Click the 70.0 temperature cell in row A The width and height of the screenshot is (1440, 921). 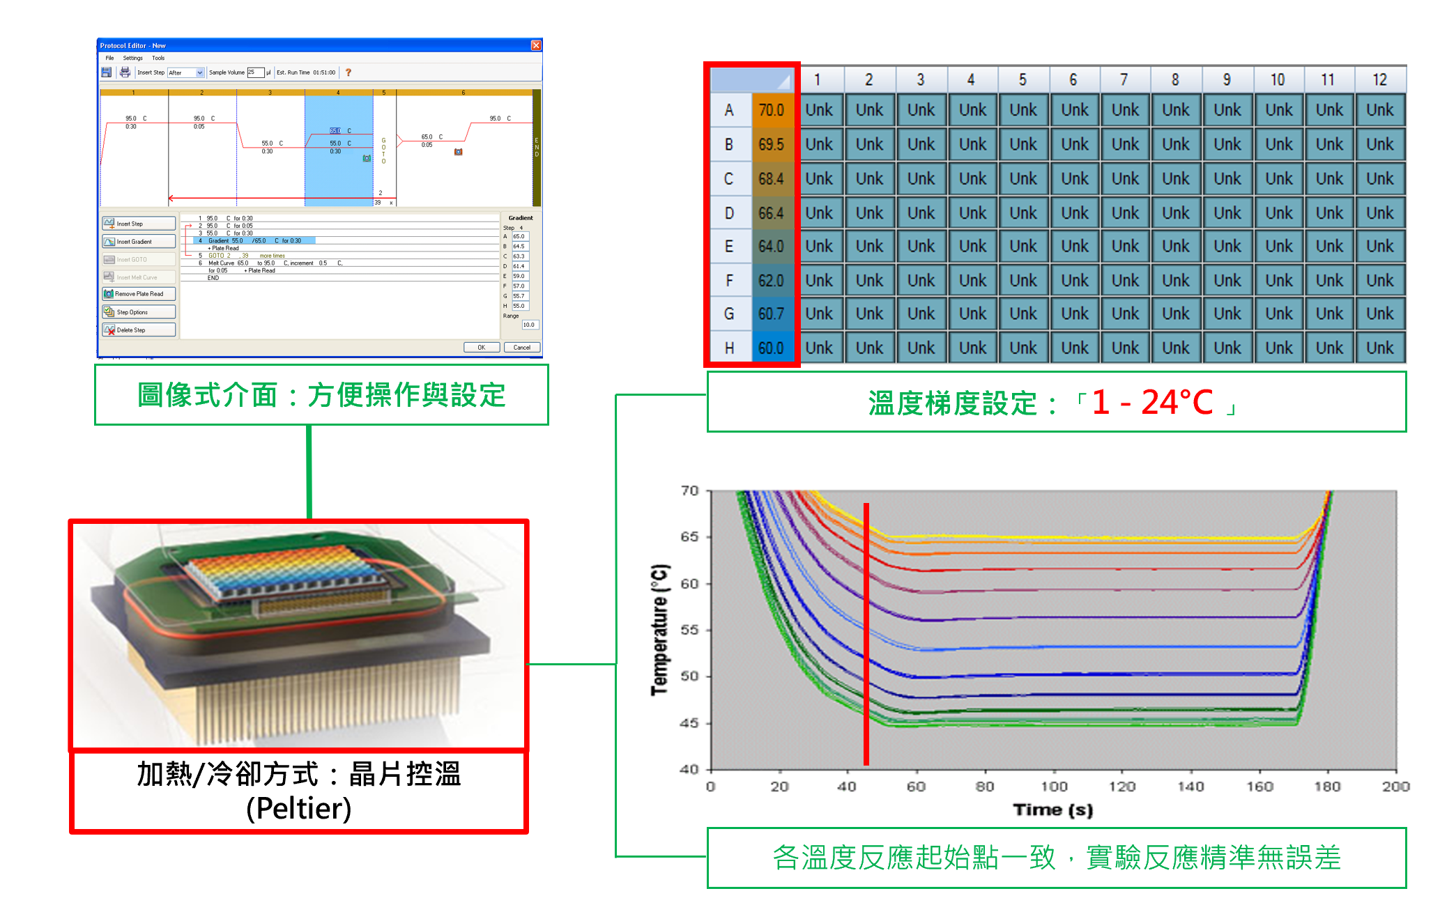(771, 110)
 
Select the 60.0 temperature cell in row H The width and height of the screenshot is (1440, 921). (771, 348)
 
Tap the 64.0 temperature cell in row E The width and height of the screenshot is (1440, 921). (771, 247)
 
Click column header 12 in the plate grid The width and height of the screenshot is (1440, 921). (1379, 79)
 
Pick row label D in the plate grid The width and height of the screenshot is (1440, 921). (729, 213)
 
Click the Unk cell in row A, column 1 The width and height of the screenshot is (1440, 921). (819, 110)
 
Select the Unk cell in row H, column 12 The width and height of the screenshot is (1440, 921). (1379, 348)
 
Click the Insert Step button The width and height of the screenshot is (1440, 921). (139, 224)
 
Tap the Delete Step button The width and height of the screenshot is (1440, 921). (139, 330)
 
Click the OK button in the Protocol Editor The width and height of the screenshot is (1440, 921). (481, 347)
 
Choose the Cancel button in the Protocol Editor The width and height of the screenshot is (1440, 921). (521, 347)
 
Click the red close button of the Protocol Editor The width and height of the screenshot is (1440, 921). (536, 45)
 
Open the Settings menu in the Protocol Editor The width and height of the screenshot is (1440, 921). (132, 59)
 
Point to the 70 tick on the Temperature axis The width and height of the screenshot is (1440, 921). (690, 491)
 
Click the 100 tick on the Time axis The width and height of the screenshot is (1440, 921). (1053, 786)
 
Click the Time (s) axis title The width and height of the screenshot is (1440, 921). (1052, 810)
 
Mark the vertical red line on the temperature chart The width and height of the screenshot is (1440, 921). (866, 634)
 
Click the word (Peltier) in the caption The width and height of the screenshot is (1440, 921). (298, 808)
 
